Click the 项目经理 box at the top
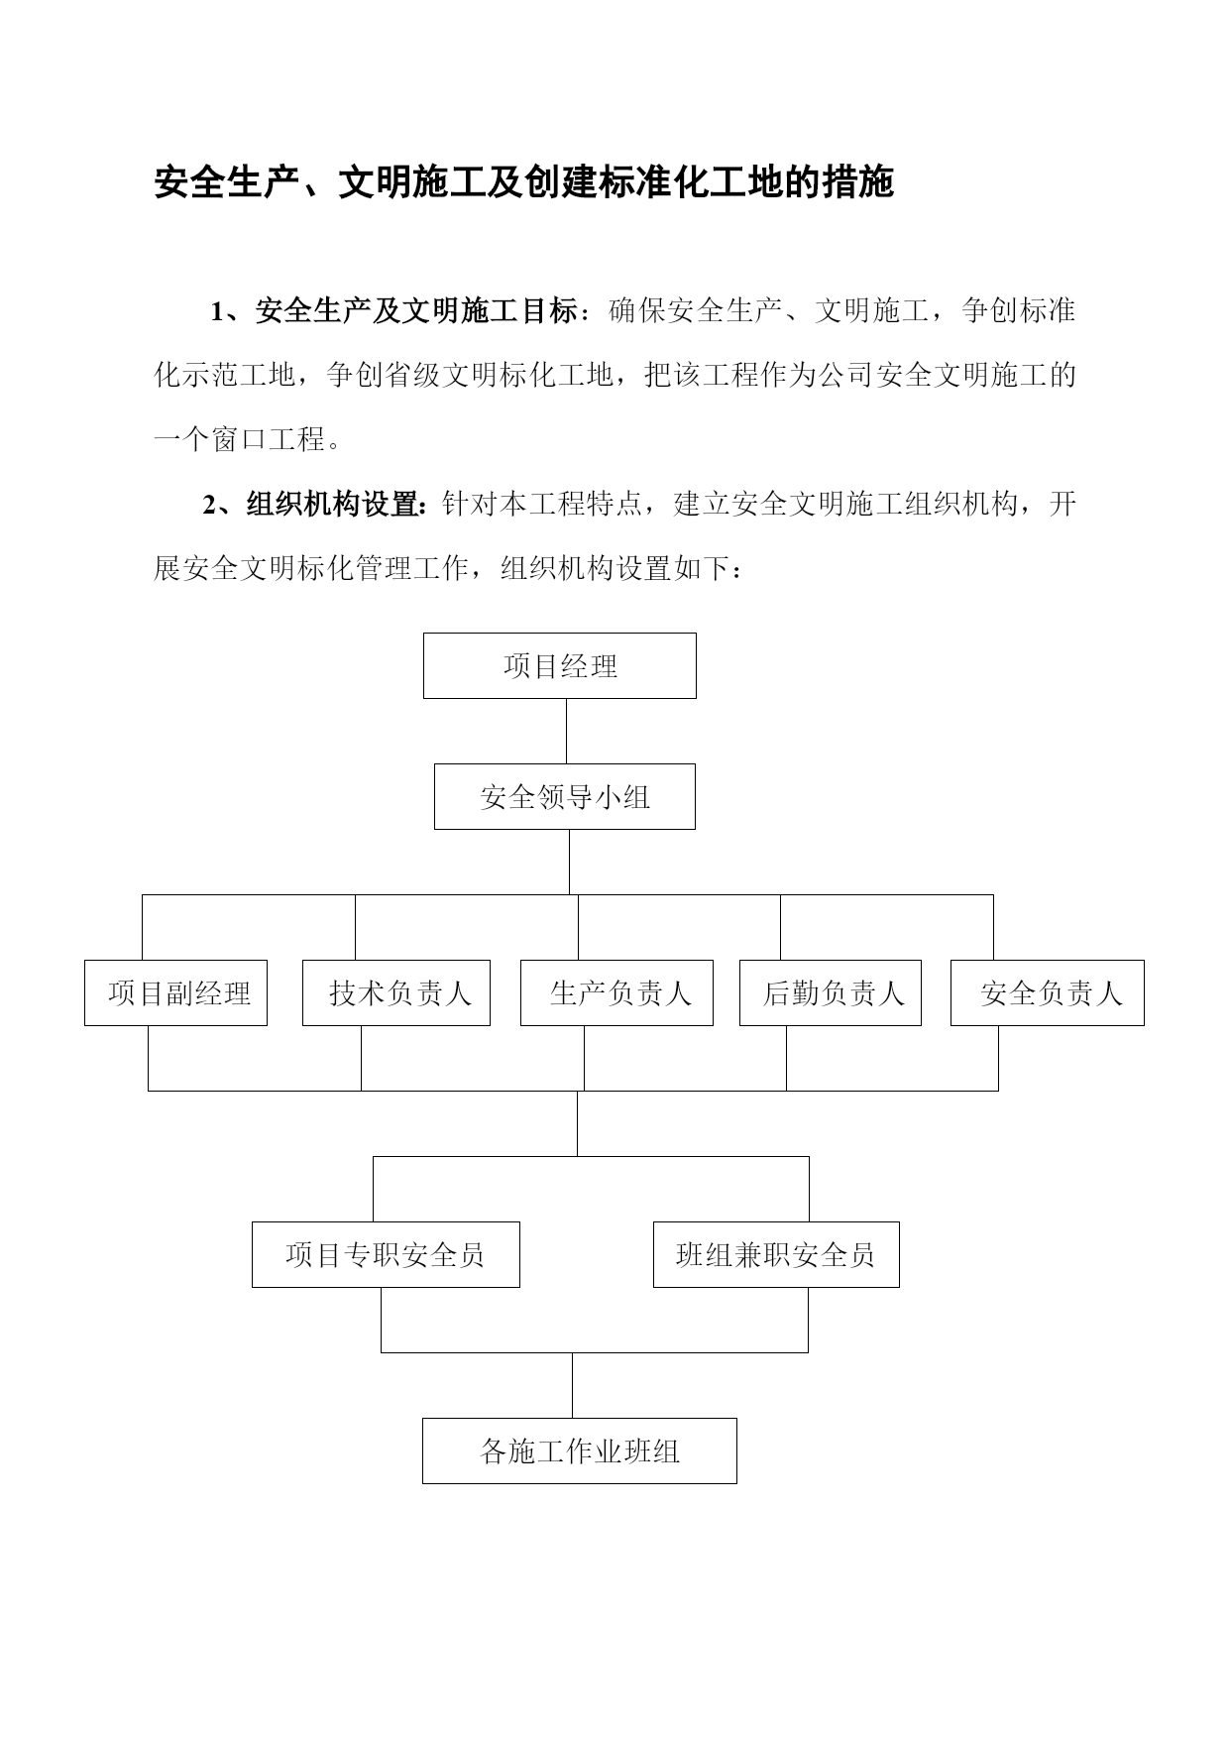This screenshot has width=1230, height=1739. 560,665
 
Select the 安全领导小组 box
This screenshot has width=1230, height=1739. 565,796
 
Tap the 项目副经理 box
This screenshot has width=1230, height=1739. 175,992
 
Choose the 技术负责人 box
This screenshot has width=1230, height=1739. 396,992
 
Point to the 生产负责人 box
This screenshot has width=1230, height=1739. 616,992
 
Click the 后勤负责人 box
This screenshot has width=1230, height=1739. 831,992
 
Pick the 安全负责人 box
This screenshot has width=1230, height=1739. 1048,992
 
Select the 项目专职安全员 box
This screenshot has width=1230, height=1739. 386,1254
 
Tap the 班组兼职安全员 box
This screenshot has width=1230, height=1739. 776,1254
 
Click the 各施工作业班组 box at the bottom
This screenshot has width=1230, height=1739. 580,1450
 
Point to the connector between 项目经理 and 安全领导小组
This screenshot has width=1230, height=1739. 567,731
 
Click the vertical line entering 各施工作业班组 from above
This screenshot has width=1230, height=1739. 572,1385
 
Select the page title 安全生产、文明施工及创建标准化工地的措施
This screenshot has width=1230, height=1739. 524,182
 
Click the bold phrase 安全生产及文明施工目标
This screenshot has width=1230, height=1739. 416,311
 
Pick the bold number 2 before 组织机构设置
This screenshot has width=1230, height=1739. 209,506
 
